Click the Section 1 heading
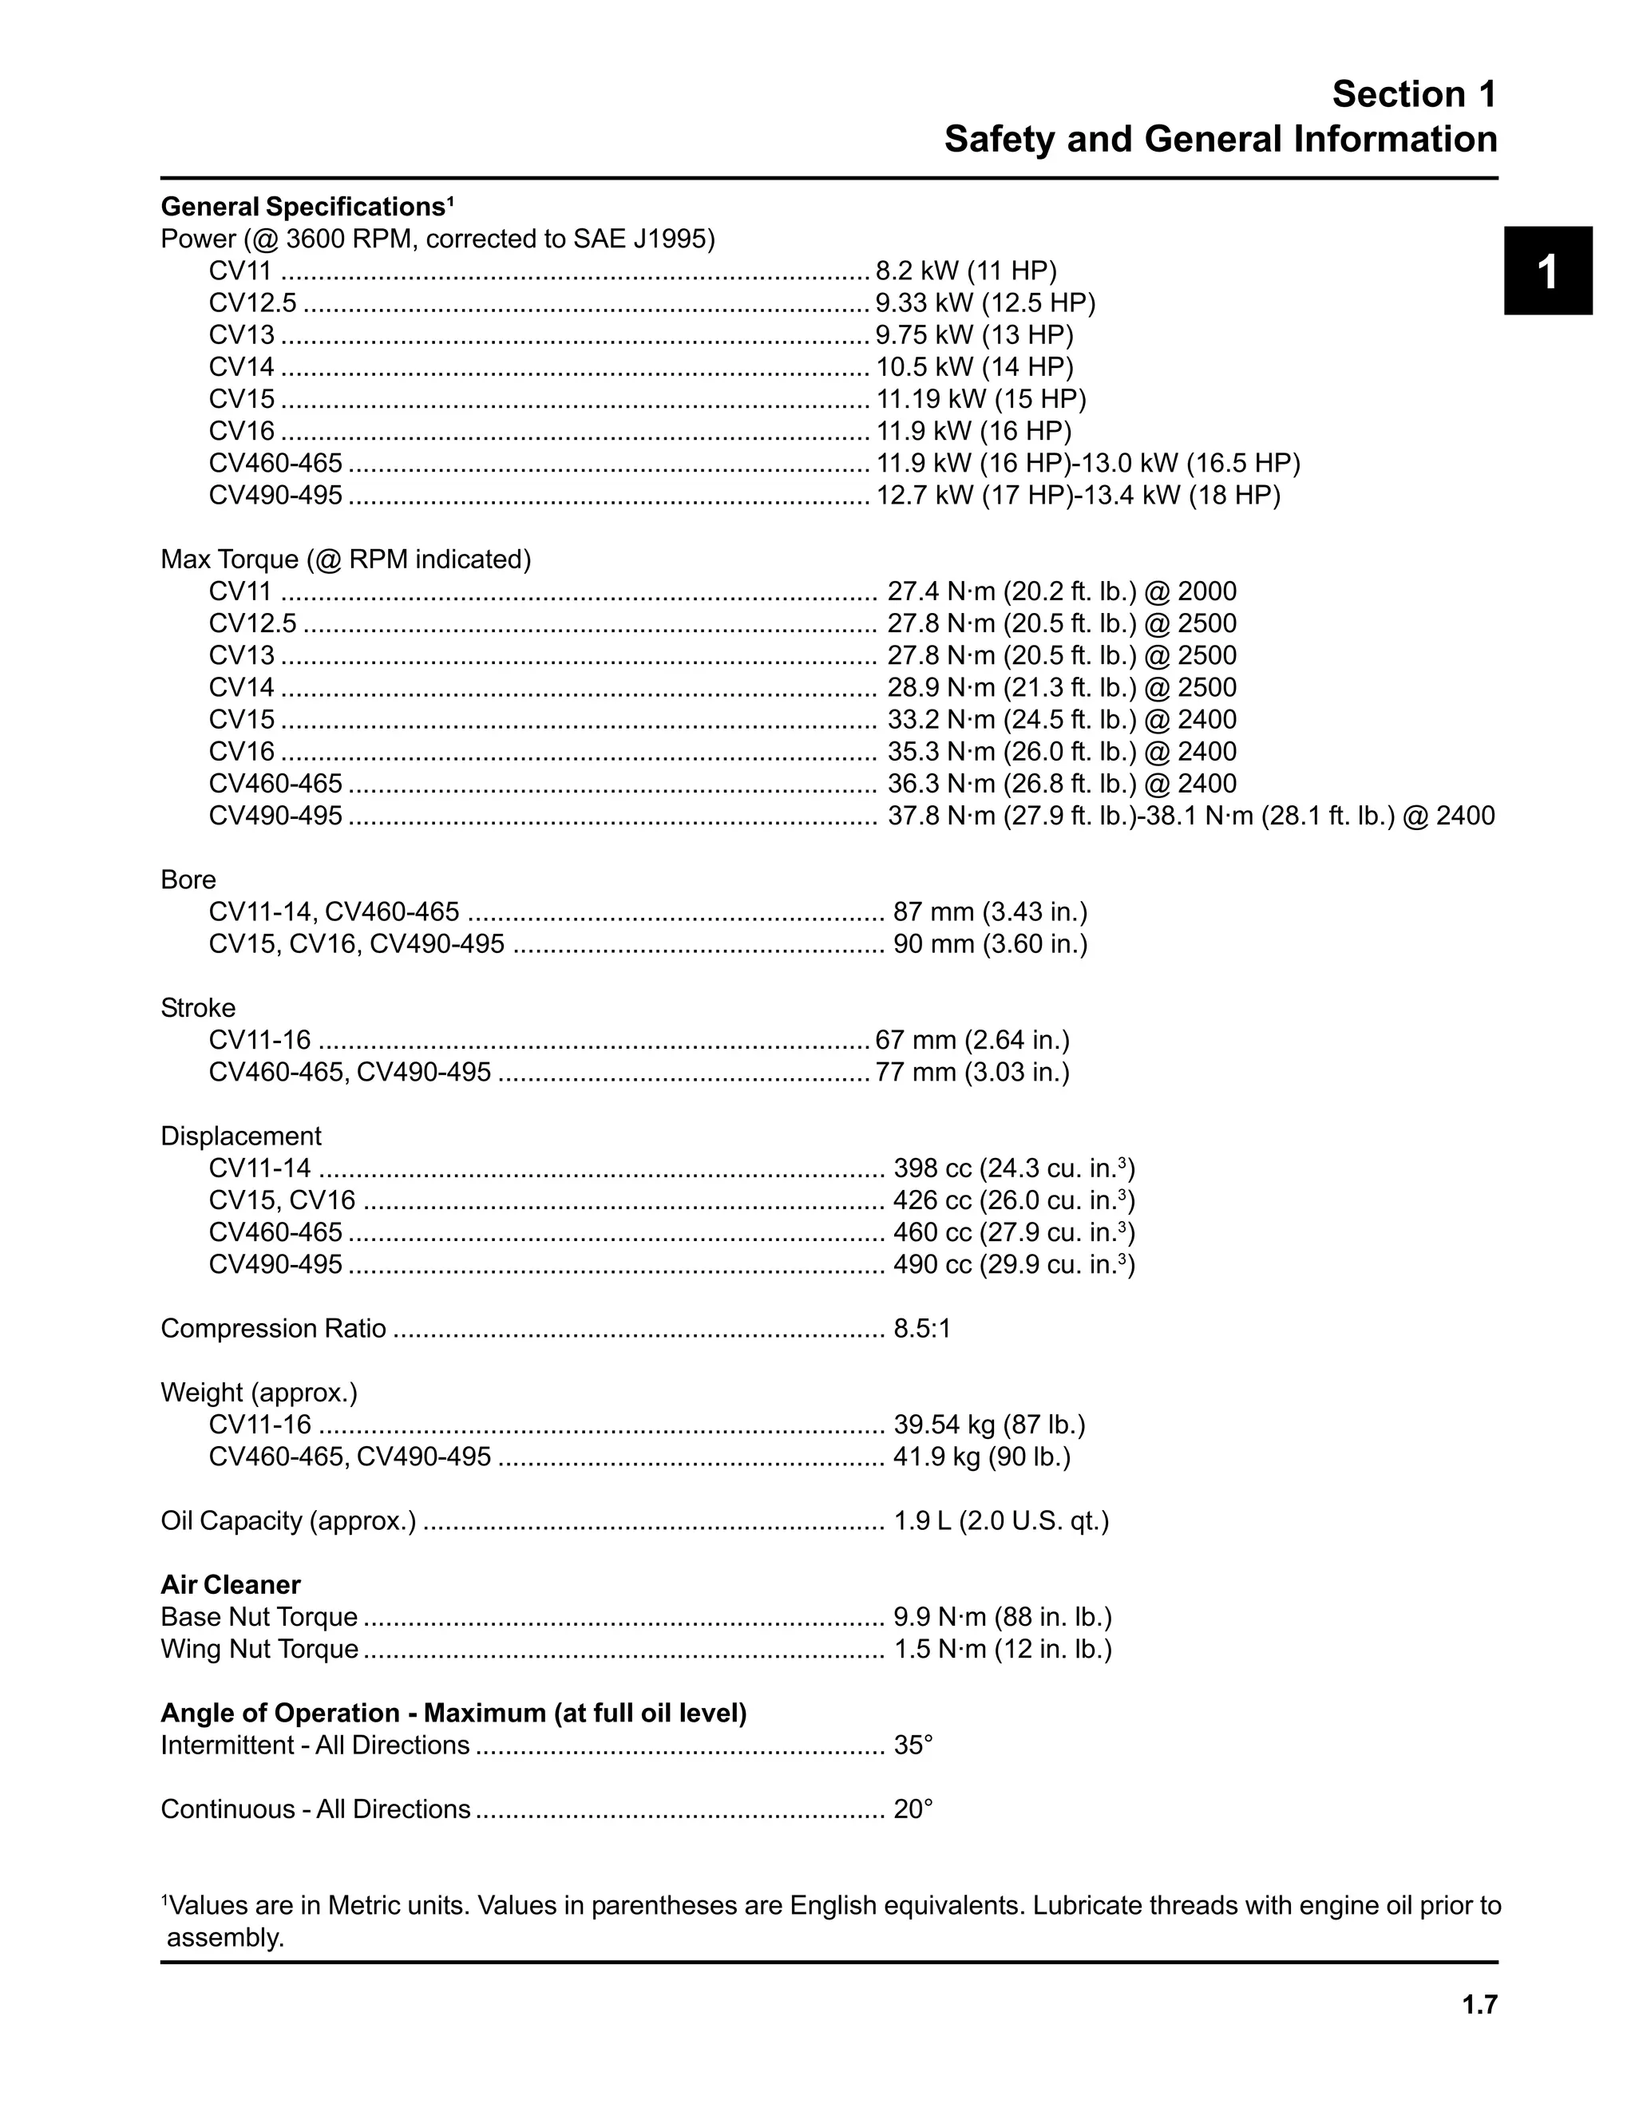(1413, 94)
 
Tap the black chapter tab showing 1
(1547, 271)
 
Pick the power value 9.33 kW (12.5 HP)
(985, 303)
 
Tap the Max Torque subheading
(346, 559)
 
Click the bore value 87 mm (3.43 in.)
(990, 911)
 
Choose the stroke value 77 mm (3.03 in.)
(972, 1072)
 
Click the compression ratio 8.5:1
(922, 1328)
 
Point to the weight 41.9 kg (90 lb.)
(981, 1457)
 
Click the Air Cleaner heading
(231, 1584)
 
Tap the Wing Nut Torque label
(259, 1648)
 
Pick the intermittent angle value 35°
(913, 1745)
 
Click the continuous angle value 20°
(913, 1809)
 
